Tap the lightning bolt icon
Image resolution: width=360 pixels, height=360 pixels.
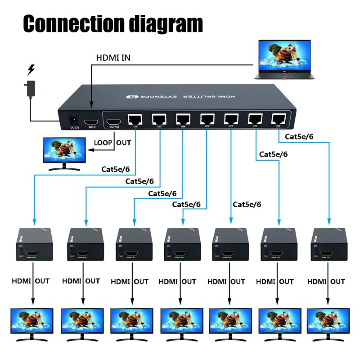pyautogui.click(x=31, y=70)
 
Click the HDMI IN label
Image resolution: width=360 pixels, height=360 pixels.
pyautogui.click(x=113, y=58)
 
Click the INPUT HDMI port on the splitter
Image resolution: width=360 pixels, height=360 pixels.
pyautogui.click(x=92, y=122)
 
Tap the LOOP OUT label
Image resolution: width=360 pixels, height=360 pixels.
pyautogui.click(x=112, y=143)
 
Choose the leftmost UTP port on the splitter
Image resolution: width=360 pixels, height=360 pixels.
pyautogui.click(x=135, y=120)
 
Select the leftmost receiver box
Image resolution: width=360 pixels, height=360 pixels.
pyautogui.click(x=35, y=245)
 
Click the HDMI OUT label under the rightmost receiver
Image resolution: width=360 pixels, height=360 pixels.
pyautogui.click(x=326, y=282)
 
